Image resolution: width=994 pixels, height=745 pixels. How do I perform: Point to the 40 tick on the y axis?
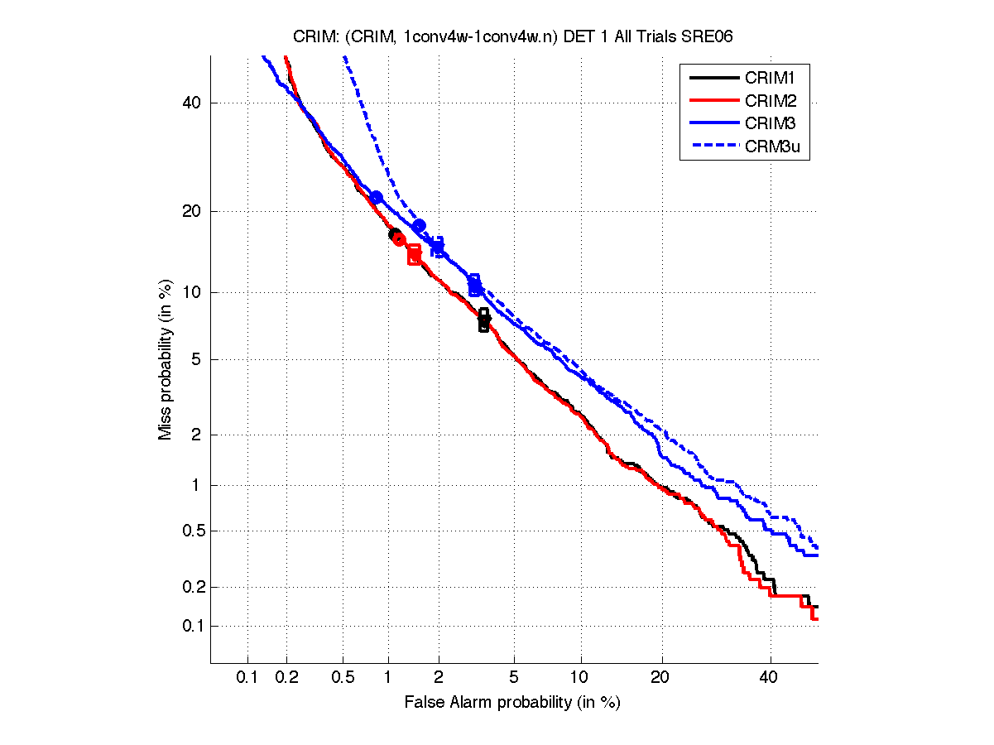pyautogui.click(x=192, y=103)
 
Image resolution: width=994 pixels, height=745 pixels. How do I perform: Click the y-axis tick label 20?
pyautogui.click(x=192, y=211)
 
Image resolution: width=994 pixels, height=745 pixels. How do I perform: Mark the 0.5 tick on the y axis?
pyautogui.click(x=190, y=531)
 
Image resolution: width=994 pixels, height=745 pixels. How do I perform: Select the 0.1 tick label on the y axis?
pyautogui.click(x=190, y=626)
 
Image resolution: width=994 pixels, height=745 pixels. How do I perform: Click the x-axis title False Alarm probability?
pyautogui.click(x=512, y=703)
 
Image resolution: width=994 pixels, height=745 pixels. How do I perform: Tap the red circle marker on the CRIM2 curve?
pyautogui.click(x=399, y=239)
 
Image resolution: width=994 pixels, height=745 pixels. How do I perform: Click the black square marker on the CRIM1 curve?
pyautogui.click(x=484, y=320)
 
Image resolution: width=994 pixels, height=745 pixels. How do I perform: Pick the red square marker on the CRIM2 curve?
pyautogui.click(x=414, y=254)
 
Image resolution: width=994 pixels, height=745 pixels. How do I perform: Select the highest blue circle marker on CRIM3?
pyautogui.click(x=377, y=197)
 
